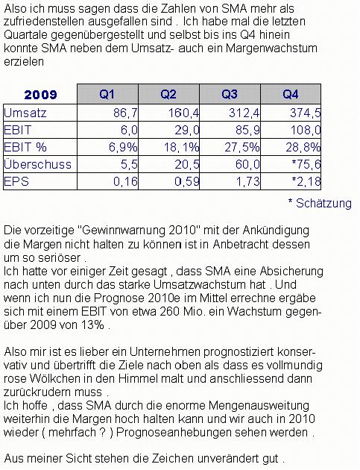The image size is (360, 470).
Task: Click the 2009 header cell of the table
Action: pos(40,95)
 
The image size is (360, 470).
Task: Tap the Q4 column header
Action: pos(291,95)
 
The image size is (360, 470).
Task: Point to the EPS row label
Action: pos(16,181)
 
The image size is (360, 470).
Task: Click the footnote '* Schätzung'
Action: pos(319,203)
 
